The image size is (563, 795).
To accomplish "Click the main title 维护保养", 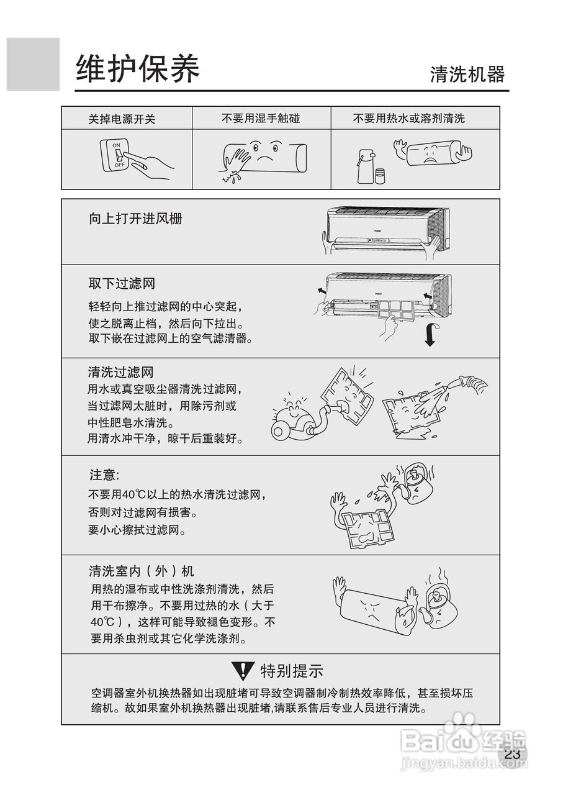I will tap(137, 68).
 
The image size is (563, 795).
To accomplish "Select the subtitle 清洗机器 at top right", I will tap(467, 75).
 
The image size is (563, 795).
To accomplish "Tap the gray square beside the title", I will tap(33, 64).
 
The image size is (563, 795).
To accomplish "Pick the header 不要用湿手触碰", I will tap(261, 118).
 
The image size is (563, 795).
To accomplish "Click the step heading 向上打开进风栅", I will tap(135, 219).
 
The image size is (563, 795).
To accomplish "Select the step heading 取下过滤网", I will tap(122, 284).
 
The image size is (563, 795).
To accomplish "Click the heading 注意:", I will tap(103, 475).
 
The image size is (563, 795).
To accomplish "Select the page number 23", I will tap(512, 755).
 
